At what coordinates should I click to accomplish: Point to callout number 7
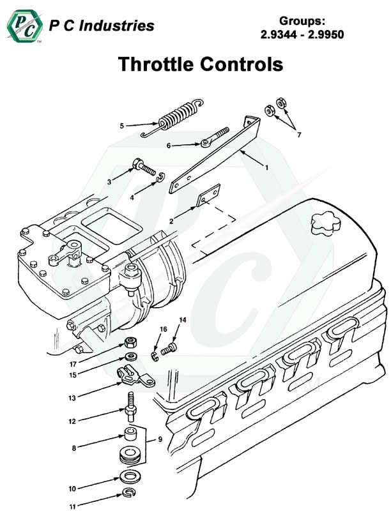click(x=297, y=134)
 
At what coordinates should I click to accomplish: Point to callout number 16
click(x=163, y=330)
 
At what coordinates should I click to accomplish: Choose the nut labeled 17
click(x=130, y=342)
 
